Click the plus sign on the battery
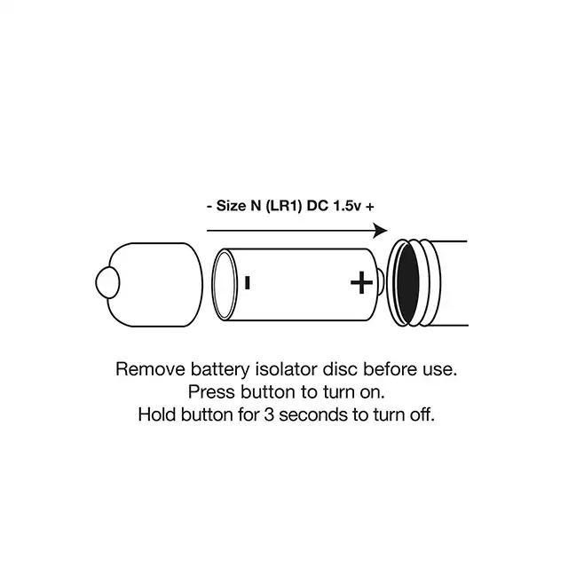(x=361, y=282)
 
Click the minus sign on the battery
(x=248, y=282)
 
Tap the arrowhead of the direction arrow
(x=380, y=231)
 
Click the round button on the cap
(x=107, y=282)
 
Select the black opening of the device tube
(x=407, y=283)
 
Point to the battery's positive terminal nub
(x=381, y=283)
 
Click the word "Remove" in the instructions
(x=151, y=369)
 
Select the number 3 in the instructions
(x=269, y=414)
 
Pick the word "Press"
(x=211, y=392)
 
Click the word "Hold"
(x=157, y=414)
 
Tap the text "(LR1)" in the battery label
(x=284, y=206)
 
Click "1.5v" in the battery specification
(x=347, y=206)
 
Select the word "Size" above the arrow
(x=231, y=206)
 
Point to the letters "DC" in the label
(x=318, y=206)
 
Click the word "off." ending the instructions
(x=422, y=414)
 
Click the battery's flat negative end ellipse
(x=225, y=285)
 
